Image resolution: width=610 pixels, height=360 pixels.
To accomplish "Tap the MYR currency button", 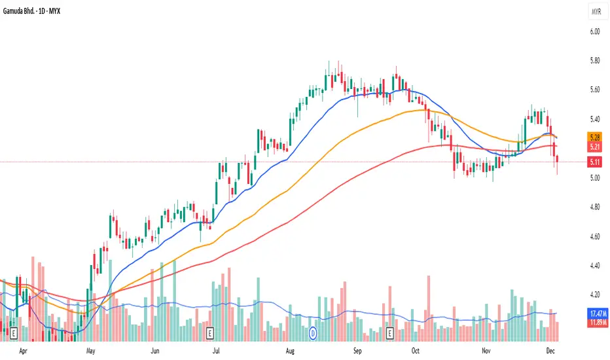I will click(x=596, y=12).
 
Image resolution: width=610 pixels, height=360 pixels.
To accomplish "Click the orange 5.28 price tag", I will click(x=595, y=138).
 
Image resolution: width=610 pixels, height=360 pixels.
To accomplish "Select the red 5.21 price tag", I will click(x=595, y=148).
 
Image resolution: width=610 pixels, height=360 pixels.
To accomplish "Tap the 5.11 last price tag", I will click(x=595, y=162).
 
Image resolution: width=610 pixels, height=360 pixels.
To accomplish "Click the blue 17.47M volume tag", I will click(x=595, y=314).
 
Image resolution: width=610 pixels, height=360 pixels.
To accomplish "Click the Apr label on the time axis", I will click(x=24, y=351).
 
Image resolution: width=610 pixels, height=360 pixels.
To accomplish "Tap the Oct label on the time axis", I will click(x=416, y=351).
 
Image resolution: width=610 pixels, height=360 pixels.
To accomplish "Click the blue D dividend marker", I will click(x=313, y=333).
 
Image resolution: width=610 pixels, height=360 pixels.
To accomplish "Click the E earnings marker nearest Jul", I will click(x=209, y=333).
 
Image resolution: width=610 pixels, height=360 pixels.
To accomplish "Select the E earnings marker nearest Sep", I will click(x=390, y=333).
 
